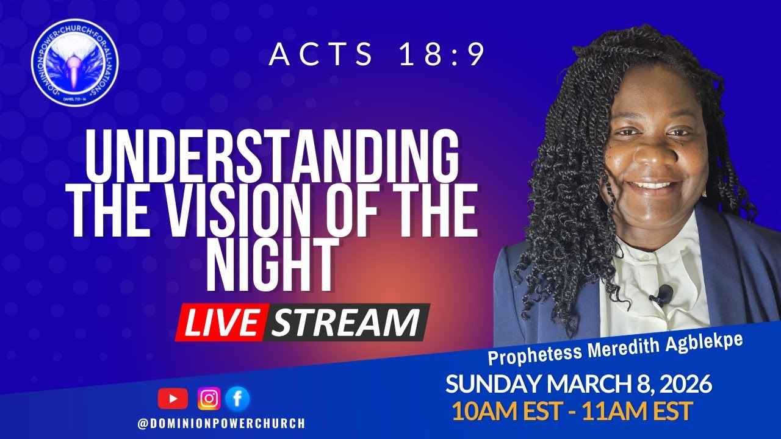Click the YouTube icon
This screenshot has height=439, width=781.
pos(173,399)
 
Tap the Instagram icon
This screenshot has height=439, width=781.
pos(209,399)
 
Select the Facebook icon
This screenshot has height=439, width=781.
pos(237,399)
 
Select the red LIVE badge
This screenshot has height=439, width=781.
pos(220,323)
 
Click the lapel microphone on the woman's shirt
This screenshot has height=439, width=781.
pos(663,296)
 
